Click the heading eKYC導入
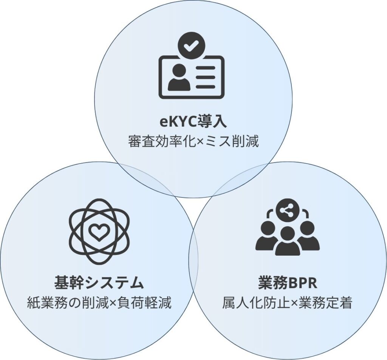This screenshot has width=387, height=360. click(x=193, y=122)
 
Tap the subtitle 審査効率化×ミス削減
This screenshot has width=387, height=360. click(x=193, y=142)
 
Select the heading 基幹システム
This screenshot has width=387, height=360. click(x=99, y=283)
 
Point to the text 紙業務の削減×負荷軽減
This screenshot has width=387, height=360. click(x=99, y=303)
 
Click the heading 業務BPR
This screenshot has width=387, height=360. click(x=288, y=283)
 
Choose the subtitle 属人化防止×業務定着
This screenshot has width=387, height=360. click(x=287, y=303)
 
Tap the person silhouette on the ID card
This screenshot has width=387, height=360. click(x=179, y=77)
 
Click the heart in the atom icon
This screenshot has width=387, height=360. click(x=98, y=232)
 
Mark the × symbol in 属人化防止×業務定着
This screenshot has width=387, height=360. click(x=294, y=303)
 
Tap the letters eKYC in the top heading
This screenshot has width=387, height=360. click(x=178, y=122)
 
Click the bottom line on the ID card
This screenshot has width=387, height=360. click(x=205, y=87)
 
